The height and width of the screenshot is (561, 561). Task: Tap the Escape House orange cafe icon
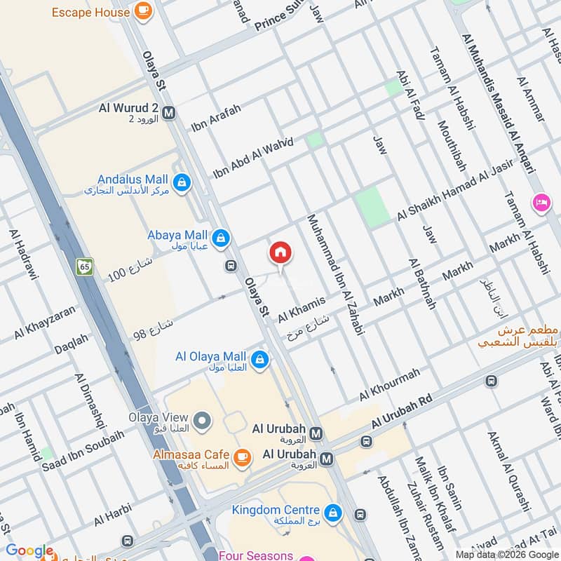(x=143, y=11)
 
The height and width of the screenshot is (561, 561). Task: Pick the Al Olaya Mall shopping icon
(x=260, y=360)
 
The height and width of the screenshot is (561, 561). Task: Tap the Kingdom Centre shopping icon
(x=334, y=513)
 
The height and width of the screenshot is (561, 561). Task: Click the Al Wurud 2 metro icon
(x=168, y=111)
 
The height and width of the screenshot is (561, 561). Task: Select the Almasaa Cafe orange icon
(x=243, y=459)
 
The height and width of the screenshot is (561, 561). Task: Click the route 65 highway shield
(x=85, y=266)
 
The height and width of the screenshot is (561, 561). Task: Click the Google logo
(x=29, y=550)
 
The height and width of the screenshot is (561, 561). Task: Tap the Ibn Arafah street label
(x=216, y=118)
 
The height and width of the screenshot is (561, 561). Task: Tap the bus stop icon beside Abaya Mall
(x=230, y=266)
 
